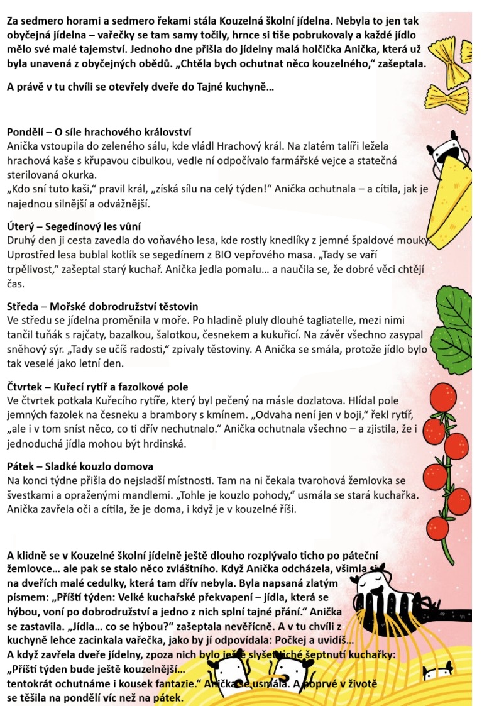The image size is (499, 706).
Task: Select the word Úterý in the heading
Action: click(21, 226)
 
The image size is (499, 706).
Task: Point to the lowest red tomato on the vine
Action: click(437, 526)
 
